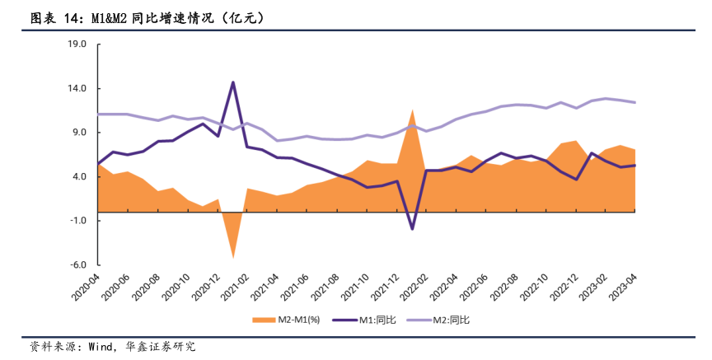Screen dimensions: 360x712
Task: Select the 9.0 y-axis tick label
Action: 79,133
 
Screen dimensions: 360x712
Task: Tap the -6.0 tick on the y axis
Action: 77,265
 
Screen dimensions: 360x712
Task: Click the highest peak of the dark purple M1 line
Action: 232,82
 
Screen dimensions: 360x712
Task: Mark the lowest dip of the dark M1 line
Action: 412,229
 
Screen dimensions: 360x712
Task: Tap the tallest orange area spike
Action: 412,110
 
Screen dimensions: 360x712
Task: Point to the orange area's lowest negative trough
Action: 232,258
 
